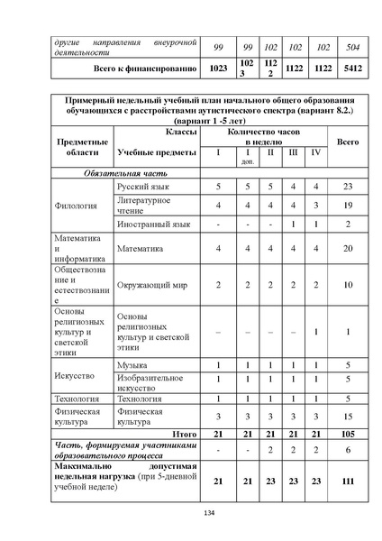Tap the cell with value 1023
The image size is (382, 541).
pos(217,68)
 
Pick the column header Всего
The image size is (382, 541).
pos(347,142)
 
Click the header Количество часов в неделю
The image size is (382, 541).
pos(259,136)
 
